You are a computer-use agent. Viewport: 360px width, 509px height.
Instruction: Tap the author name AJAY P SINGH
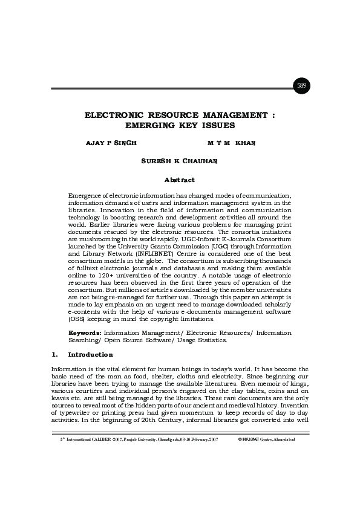(x=113, y=143)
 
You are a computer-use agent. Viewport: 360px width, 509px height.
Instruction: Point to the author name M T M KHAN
(x=232, y=143)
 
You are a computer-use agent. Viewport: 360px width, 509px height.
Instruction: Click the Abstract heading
(x=180, y=180)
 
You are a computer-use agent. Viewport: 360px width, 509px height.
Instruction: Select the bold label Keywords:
(x=85, y=332)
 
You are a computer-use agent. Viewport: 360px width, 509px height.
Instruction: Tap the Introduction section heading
(x=90, y=354)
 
